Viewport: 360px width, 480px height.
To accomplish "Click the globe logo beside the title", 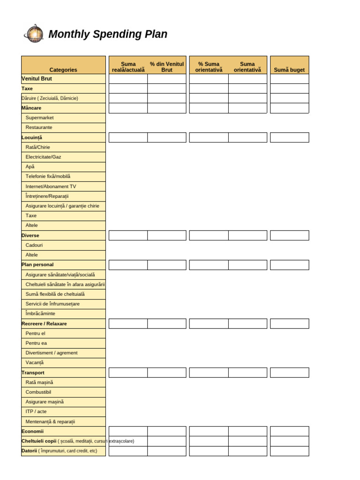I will [x=33, y=34].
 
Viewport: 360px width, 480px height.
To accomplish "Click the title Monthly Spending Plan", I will [x=108, y=34].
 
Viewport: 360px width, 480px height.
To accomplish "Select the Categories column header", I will [x=63, y=70].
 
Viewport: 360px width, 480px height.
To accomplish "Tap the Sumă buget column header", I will [x=289, y=70].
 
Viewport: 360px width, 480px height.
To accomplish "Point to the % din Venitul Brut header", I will [x=167, y=67].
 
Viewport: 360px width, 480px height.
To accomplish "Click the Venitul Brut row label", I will [x=37, y=79].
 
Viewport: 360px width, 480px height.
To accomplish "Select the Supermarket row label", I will [x=39, y=118].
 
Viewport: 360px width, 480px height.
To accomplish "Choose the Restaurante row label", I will [x=39, y=127].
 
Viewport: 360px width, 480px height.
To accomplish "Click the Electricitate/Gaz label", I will [x=43, y=157].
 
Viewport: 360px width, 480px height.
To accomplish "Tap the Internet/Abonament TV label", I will [x=51, y=186].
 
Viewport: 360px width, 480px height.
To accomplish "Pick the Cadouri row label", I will [x=34, y=245].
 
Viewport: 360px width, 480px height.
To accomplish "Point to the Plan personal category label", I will [x=38, y=265].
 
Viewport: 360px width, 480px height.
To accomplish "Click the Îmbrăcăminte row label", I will [x=40, y=314].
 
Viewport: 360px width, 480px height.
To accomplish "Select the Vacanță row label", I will [x=34, y=362].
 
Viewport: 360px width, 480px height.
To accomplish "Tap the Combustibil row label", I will [x=38, y=392].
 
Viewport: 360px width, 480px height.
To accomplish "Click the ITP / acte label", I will [x=36, y=412].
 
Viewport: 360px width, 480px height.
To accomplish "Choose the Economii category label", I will [x=33, y=431].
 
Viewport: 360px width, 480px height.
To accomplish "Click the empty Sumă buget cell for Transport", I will [x=289, y=373].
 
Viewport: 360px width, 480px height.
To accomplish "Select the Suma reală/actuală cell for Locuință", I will [x=128, y=137].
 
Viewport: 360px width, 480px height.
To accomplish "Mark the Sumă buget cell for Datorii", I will [x=289, y=451].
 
